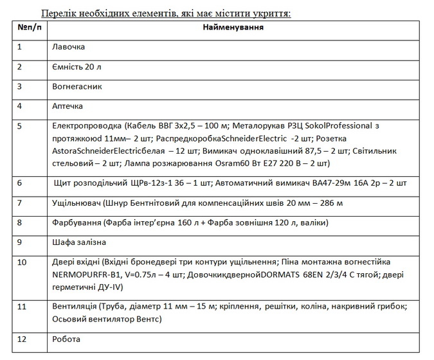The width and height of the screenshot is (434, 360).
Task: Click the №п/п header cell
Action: tap(30, 28)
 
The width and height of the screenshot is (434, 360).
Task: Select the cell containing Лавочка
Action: tap(68, 47)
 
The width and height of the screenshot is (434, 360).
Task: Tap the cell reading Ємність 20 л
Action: tap(76, 67)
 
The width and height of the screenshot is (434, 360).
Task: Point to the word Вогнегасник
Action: tap(77, 86)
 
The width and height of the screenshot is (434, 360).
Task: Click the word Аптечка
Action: tap(68, 105)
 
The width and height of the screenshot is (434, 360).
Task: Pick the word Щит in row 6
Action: tap(62, 183)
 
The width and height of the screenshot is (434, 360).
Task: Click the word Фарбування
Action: tap(77, 222)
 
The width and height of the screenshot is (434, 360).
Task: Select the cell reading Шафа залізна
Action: tap(78, 242)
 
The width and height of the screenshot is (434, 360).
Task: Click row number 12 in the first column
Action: tap(23, 339)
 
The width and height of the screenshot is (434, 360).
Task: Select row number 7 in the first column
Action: tap(20, 203)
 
